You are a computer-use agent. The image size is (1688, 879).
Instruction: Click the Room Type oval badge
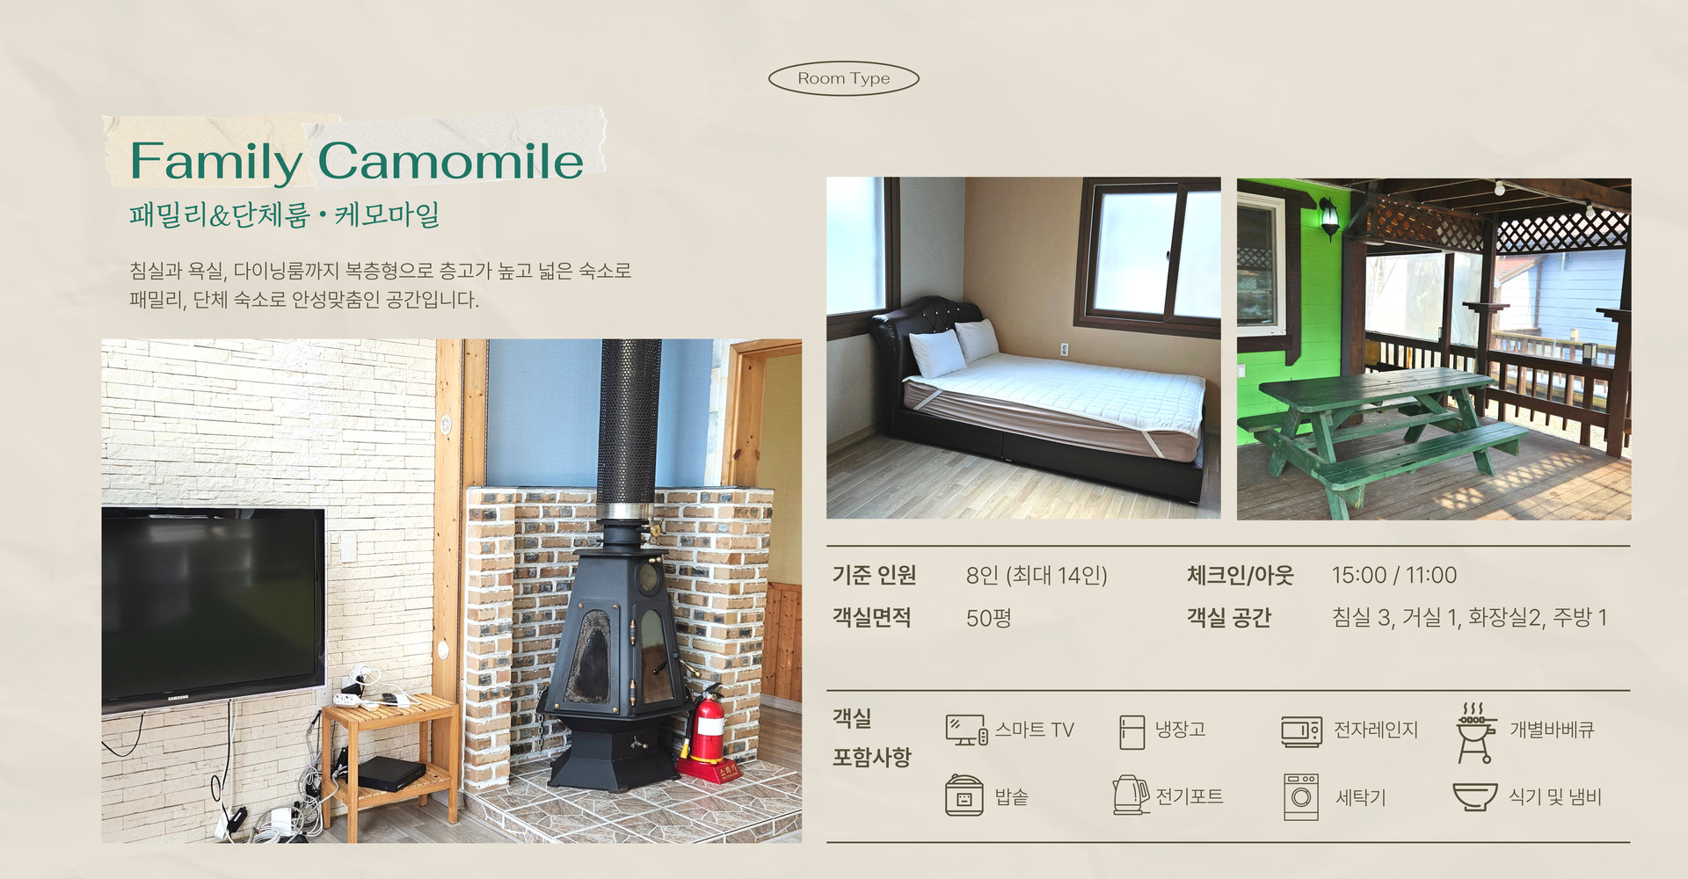point(844,78)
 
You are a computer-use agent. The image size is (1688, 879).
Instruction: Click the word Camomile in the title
point(450,161)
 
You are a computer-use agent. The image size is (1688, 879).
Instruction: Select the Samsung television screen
point(213,605)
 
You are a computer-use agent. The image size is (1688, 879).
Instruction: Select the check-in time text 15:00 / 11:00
point(1394,575)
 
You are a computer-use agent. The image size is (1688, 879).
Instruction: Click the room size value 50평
point(989,618)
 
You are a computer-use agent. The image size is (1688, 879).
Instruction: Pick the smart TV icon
point(966,730)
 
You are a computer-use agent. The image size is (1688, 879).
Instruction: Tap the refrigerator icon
point(1132,731)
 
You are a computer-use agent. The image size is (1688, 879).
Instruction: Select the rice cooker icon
point(964,795)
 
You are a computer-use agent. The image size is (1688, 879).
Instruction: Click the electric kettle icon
point(1131,795)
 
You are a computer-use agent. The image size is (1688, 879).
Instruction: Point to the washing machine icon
point(1301,796)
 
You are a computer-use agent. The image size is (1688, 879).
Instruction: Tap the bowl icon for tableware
point(1475,796)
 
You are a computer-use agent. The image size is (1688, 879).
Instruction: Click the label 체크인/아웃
point(1241,575)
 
